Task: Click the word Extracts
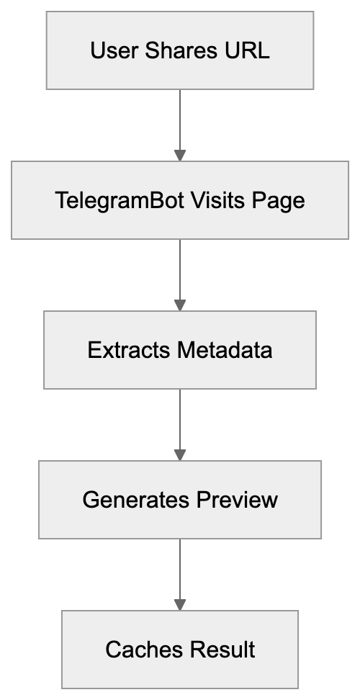pos(127,351)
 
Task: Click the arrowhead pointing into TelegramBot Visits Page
pos(180,156)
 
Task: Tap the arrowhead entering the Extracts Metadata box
pos(180,305)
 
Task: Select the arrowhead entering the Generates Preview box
pos(180,455)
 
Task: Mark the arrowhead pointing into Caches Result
pos(180,605)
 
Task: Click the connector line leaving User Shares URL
pos(180,119)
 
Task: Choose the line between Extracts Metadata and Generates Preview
pos(180,418)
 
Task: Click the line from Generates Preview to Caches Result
pos(180,568)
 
